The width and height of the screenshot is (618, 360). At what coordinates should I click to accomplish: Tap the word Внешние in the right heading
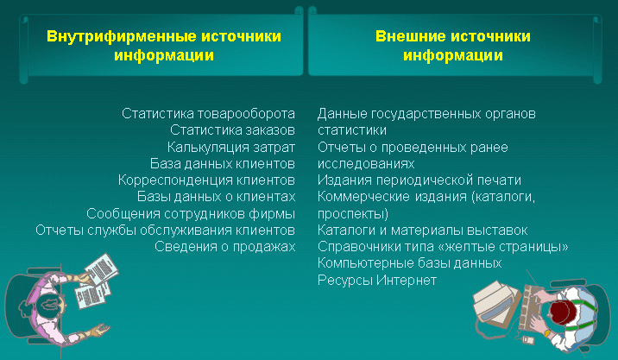click(410, 36)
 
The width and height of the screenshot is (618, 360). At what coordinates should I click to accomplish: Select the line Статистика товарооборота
click(208, 114)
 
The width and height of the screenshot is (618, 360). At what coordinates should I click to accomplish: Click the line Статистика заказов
click(232, 130)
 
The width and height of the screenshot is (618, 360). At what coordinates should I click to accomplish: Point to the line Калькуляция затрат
click(231, 147)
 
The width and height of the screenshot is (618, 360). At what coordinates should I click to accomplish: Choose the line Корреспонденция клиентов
click(206, 180)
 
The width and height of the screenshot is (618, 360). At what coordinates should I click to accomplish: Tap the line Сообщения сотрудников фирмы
click(191, 214)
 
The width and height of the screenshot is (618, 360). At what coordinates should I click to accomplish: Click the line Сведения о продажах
click(225, 246)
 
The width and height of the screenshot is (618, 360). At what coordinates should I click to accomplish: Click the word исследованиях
click(366, 164)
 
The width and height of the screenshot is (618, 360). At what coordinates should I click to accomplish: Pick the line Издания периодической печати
click(419, 180)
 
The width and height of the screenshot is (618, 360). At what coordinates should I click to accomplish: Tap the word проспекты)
click(353, 214)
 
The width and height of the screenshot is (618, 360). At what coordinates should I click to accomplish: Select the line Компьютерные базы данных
click(409, 263)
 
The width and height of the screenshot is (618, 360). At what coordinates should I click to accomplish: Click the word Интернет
click(407, 281)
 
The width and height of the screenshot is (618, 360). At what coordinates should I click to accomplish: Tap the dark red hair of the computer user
click(563, 312)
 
